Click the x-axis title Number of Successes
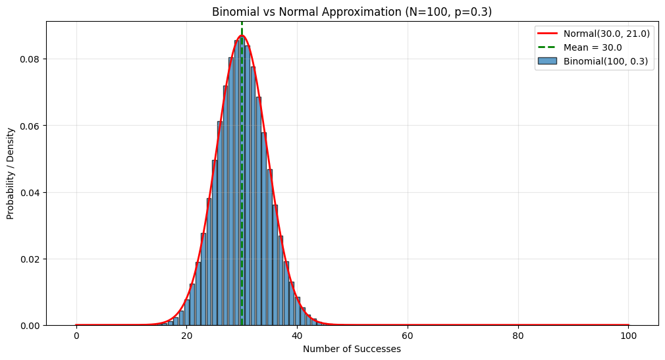pos(352,349)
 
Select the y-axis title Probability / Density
pos(11,173)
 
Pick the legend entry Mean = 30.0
pos(593,47)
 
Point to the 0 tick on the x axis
pos(76,336)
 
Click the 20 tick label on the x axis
pos(187,336)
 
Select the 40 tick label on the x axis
pos(297,336)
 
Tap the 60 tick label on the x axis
pos(408,336)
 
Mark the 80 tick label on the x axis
pos(518,336)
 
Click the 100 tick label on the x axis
pos(628,336)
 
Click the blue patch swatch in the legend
pos(548,61)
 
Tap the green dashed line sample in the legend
pos(548,47)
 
